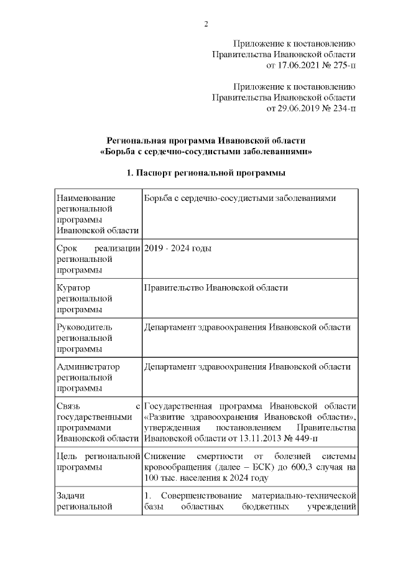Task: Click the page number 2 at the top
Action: click(205, 24)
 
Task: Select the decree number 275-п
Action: click(343, 64)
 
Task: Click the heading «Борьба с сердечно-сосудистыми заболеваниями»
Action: click(206, 151)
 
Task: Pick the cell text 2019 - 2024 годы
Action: click(177, 249)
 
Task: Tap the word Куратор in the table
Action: click(73, 288)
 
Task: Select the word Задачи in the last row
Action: click(70, 495)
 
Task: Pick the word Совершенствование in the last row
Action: click(199, 495)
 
